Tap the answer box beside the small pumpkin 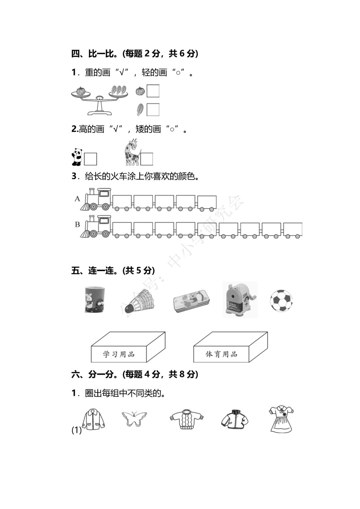tap(153, 91)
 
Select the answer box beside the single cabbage tap(153, 110)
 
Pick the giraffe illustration tap(131, 152)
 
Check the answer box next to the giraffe tap(147, 159)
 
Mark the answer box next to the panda tap(90, 159)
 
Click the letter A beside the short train tap(77, 199)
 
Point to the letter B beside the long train tap(77, 224)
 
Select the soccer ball tap(281, 300)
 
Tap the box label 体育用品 tap(221, 354)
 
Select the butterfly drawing tap(134, 419)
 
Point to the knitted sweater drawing tap(187, 419)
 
